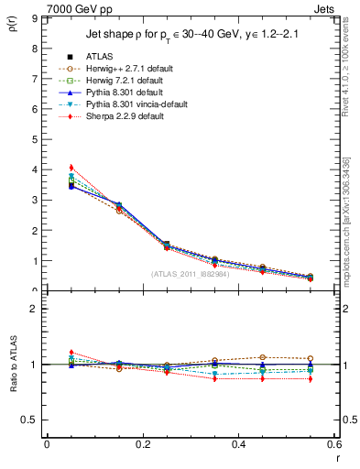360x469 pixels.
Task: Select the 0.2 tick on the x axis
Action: tap(142, 444)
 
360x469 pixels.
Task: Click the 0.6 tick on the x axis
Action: tap(334, 444)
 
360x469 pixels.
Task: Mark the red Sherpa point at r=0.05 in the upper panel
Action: tap(71, 168)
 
